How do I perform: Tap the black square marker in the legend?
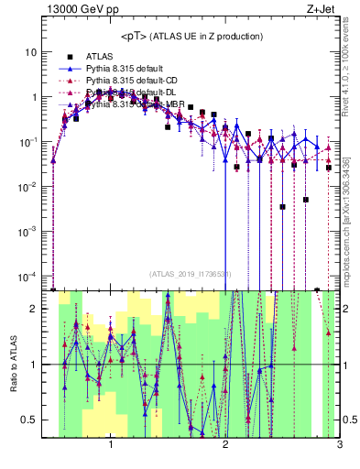click(70, 57)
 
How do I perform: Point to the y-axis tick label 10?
click(31, 52)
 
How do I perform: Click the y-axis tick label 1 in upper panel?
click(34, 97)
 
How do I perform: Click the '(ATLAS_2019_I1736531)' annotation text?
click(191, 274)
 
